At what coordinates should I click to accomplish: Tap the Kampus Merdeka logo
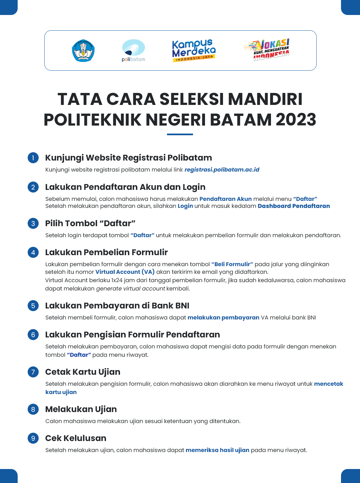[x=194, y=51]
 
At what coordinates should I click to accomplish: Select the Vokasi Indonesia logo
[x=267, y=50]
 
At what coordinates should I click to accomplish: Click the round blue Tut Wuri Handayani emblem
[x=83, y=51]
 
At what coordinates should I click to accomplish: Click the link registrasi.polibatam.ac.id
[x=222, y=170]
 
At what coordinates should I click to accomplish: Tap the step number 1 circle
[x=33, y=158]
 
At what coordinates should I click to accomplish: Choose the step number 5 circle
[x=33, y=305]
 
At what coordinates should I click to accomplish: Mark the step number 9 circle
[x=33, y=438]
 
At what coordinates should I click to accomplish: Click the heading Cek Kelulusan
[x=76, y=438]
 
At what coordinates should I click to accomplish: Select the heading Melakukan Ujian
[x=81, y=409]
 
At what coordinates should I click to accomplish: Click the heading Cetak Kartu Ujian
[x=83, y=372]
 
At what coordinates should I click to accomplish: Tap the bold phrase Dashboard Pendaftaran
[x=294, y=206]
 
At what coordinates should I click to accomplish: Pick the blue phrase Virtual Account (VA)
[x=125, y=272]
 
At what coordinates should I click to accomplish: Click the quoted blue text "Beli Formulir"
[x=232, y=264]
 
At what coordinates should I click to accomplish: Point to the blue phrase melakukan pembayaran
[x=223, y=317]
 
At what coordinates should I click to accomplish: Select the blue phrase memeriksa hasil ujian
[x=217, y=450]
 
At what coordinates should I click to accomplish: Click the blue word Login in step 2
[x=185, y=206]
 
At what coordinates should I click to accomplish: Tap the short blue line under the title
[x=180, y=134]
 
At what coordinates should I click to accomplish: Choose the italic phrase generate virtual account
[x=130, y=288]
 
